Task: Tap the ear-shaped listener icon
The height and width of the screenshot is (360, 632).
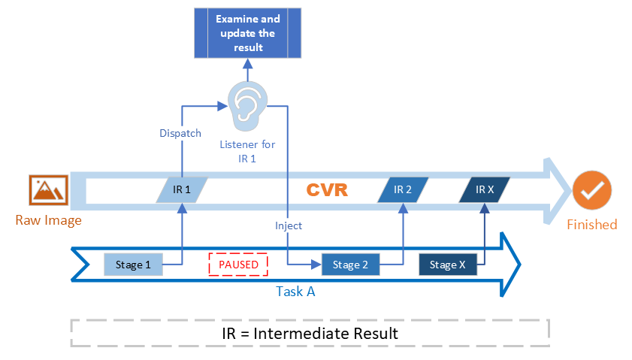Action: click(246, 104)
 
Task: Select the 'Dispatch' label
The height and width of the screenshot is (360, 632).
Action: click(180, 133)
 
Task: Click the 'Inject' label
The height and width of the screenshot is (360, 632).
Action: click(289, 225)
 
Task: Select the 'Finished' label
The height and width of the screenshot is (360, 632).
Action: click(591, 225)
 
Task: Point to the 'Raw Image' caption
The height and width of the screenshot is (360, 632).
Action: click(48, 220)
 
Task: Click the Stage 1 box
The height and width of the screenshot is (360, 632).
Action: click(133, 265)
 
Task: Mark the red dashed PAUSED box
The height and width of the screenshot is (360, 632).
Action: click(238, 265)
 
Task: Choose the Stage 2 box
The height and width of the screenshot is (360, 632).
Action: click(350, 265)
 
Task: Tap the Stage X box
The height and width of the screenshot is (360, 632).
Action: click(447, 265)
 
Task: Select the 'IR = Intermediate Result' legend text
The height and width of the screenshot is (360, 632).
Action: click(310, 333)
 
